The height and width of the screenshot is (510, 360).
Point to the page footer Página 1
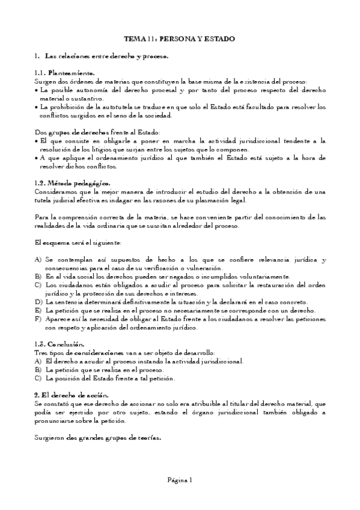coord(180,479)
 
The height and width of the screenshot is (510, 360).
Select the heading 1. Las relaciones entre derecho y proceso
coord(102,56)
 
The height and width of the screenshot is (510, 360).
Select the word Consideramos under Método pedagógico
coord(55,191)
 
